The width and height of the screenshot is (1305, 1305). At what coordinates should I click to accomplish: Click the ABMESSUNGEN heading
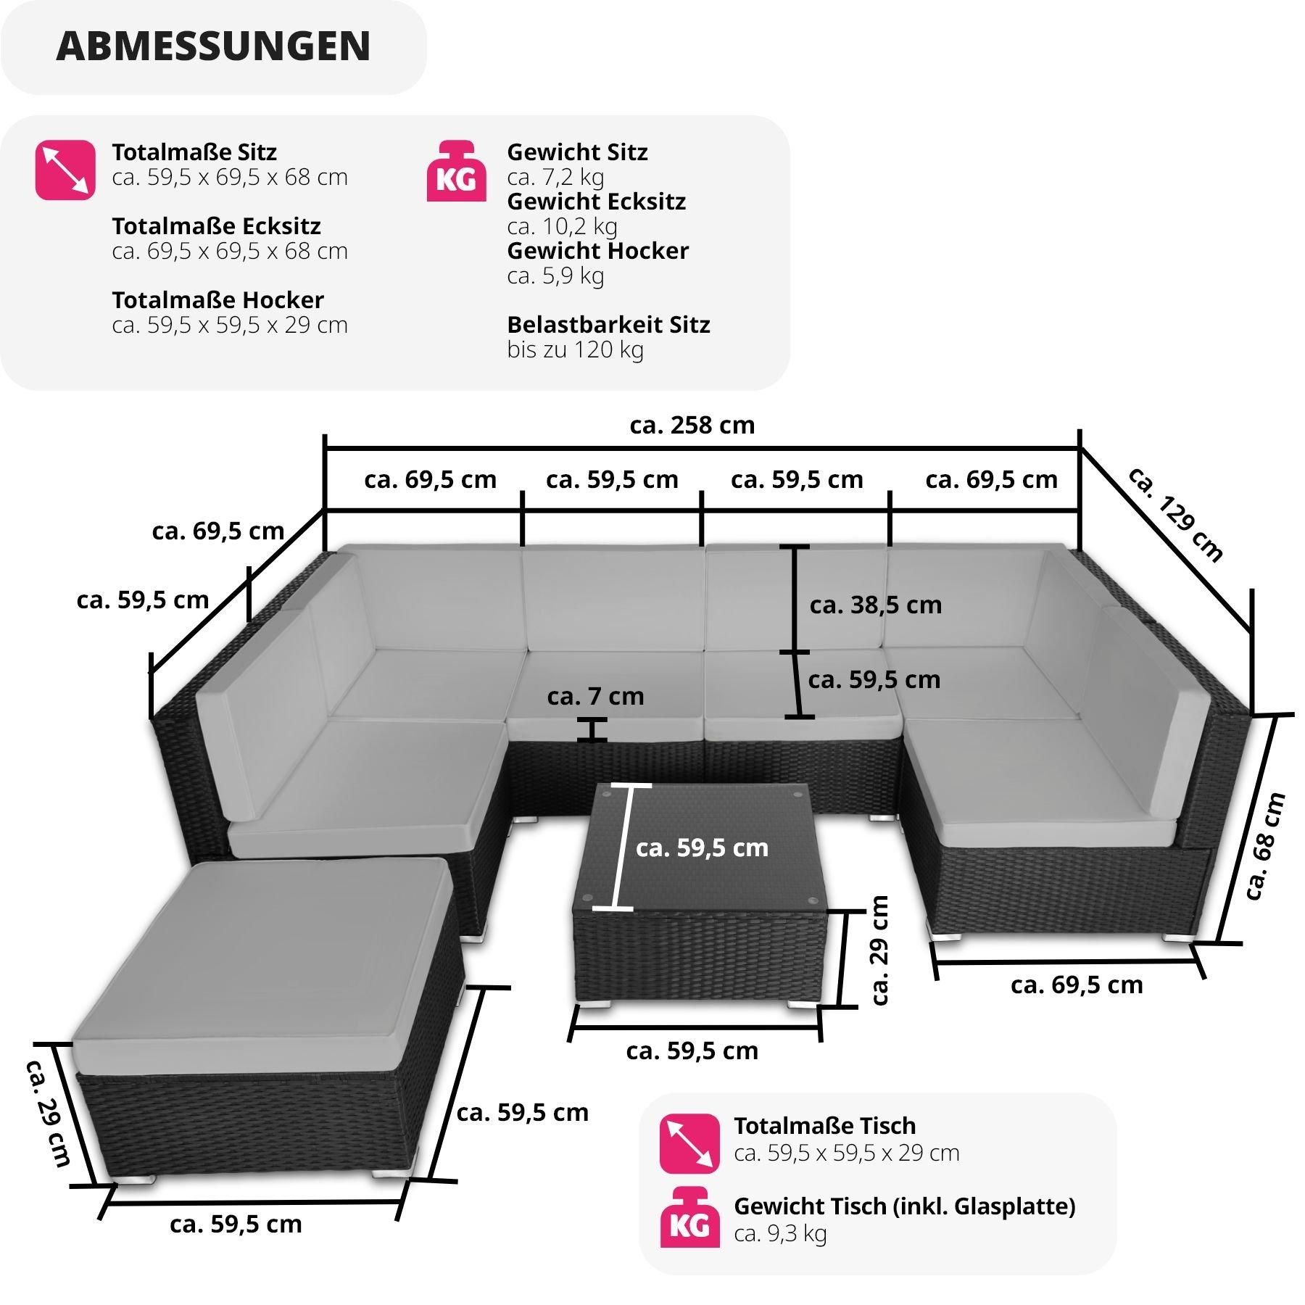coord(213,46)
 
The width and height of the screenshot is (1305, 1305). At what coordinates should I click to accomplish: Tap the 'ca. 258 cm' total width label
coord(692,425)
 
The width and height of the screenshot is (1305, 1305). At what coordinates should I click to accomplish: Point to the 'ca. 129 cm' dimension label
coord(1175,514)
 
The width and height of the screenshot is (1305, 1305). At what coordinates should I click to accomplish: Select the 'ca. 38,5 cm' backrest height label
coord(876,605)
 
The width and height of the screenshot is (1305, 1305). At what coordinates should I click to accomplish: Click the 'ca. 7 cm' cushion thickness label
coord(595,696)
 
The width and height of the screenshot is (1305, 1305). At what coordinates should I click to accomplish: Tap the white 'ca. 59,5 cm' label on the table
coord(702,848)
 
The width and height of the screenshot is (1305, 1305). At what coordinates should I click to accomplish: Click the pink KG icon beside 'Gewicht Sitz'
coord(456,171)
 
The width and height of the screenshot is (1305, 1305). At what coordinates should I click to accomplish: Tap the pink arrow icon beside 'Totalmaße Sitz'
coord(65,171)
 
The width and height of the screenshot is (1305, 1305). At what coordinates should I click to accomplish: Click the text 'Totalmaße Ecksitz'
coord(216,226)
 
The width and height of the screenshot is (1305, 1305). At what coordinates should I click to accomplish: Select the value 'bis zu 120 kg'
coord(575,349)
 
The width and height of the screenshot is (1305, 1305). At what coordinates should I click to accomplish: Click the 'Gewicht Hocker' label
coord(597,251)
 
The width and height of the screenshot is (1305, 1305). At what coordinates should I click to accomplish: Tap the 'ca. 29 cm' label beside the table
coord(879,950)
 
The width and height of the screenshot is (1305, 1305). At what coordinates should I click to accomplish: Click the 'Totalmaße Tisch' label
coord(824,1126)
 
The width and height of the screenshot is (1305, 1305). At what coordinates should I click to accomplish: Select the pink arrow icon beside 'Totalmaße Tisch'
coord(689,1143)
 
